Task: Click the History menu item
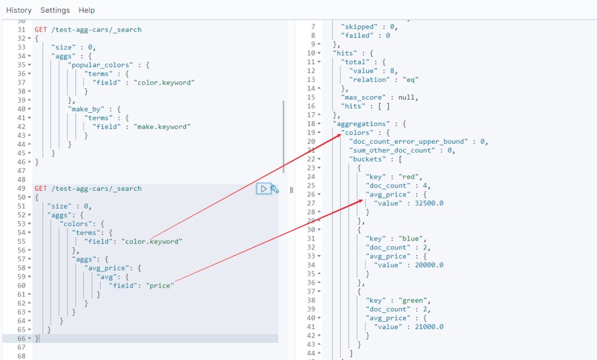(19, 10)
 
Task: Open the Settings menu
(55, 10)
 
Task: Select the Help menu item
(87, 10)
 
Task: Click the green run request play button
(264, 189)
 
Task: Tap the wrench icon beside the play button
(275, 189)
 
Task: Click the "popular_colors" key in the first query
(101, 65)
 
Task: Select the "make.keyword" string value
(162, 127)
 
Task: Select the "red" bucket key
(416, 176)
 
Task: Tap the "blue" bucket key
(418, 238)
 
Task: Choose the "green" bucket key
(421, 300)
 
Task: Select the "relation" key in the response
(369, 79)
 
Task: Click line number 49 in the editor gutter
(22, 189)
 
